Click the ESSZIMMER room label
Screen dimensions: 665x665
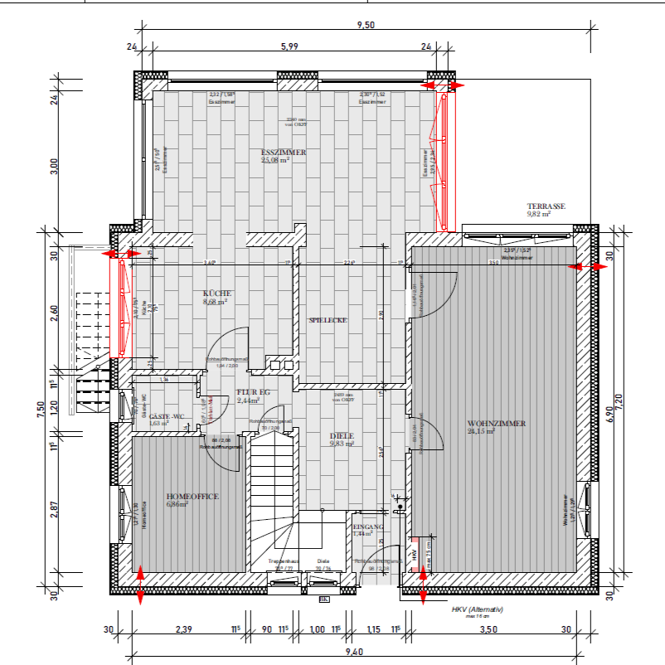click(284, 153)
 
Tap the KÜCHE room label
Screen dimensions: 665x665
click(217, 294)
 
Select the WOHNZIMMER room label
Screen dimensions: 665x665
click(496, 424)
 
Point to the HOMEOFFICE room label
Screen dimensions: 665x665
click(192, 496)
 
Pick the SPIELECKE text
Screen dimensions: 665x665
click(328, 320)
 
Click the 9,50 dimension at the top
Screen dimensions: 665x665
click(366, 26)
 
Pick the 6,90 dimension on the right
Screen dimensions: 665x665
click(611, 415)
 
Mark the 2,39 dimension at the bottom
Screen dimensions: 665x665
click(184, 630)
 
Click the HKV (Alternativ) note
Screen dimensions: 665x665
click(478, 609)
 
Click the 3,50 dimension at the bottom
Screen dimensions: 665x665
click(488, 630)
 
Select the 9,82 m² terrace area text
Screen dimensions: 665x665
click(539, 214)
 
